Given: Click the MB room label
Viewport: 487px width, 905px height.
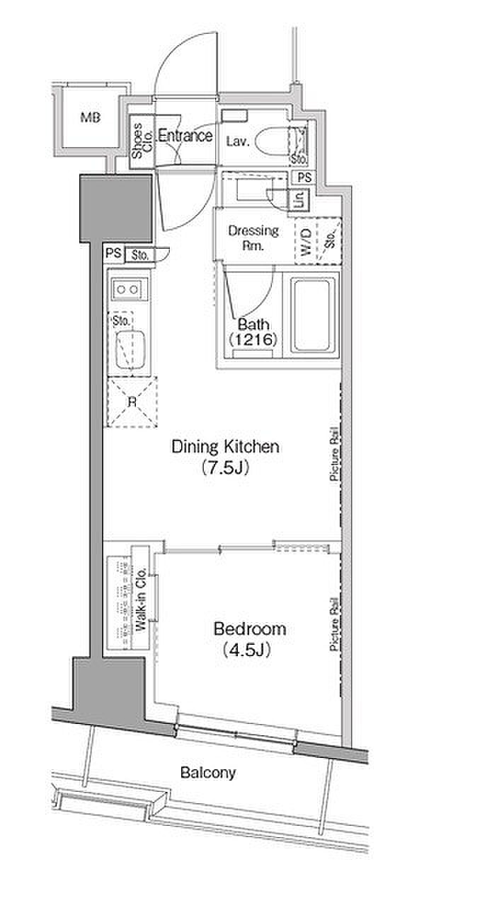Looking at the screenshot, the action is point(90,117).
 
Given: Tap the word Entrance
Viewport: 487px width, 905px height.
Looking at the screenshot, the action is point(185,135).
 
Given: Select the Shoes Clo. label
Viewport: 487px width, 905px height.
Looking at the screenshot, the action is point(142,140).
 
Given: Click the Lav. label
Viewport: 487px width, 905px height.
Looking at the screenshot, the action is point(237,141).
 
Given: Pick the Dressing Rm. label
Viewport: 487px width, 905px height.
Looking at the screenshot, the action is point(253,238).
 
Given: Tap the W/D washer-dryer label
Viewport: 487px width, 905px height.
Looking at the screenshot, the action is point(306,242).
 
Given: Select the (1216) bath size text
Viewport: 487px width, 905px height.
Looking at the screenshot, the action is point(253,339).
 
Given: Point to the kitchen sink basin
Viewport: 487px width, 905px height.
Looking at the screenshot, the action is point(131,349).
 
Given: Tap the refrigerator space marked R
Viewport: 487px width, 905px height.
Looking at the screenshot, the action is point(132,402).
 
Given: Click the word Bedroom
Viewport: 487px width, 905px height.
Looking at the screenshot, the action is point(250,629).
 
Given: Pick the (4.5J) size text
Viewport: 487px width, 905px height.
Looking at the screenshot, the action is point(246,650).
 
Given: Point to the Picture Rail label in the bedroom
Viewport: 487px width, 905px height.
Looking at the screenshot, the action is point(334,624).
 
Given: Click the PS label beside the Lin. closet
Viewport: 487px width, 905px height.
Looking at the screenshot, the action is point(304,177).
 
